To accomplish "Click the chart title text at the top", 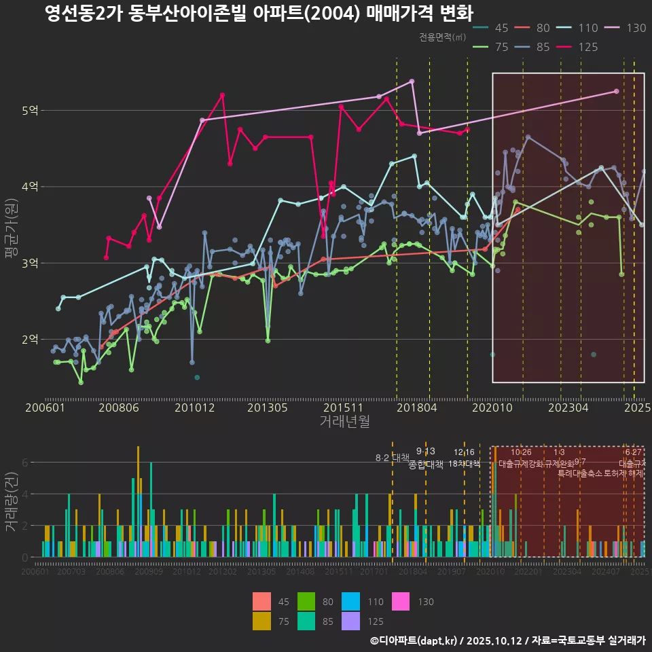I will [259, 14].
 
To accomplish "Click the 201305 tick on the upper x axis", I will [267, 407].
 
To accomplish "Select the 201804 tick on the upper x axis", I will [416, 407].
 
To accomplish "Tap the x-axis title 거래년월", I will [344, 421].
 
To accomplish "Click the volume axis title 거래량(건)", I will [12, 502].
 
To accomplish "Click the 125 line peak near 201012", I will [222, 95].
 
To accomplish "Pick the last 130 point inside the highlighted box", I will [616, 91].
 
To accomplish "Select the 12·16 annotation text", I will [465, 452].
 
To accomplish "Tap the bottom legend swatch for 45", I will [261, 602].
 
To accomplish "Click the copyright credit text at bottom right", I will [507, 640].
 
